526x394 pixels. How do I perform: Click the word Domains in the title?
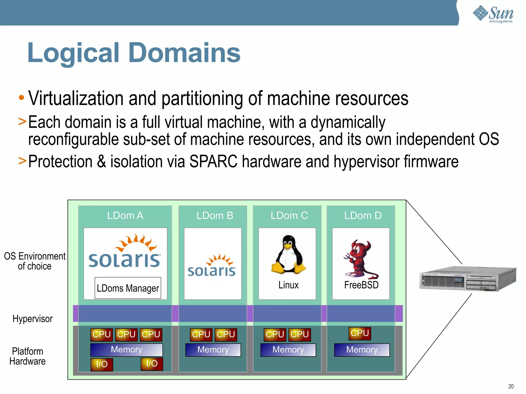pyautogui.click(x=184, y=53)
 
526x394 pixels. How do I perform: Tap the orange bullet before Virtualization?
pyautogui.click(x=22, y=98)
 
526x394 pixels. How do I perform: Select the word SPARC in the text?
pyautogui.click(x=213, y=162)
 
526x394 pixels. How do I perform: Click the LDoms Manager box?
pyautogui.click(x=128, y=288)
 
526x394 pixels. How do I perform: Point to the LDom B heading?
pyautogui.click(x=215, y=216)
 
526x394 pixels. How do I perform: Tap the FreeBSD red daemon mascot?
pyautogui.click(x=360, y=259)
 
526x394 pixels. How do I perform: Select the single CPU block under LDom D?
pyautogui.click(x=360, y=333)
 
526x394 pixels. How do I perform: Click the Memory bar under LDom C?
pyautogui.click(x=288, y=350)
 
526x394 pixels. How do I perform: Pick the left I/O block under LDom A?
pyautogui.click(x=102, y=364)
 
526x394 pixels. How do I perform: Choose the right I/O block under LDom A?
pyautogui.click(x=152, y=364)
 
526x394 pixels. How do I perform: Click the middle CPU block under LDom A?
pyautogui.click(x=126, y=334)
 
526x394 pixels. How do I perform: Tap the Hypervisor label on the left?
pyautogui.click(x=33, y=319)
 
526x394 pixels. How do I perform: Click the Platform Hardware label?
pyautogui.click(x=27, y=356)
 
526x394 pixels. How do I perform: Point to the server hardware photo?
pyautogui.click(x=467, y=279)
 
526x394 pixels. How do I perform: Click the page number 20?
pyautogui.click(x=511, y=386)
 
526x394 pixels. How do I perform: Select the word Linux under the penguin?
pyautogui.click(x=288, y=285)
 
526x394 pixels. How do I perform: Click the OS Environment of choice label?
pyautogui.click(x=35, y=261)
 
